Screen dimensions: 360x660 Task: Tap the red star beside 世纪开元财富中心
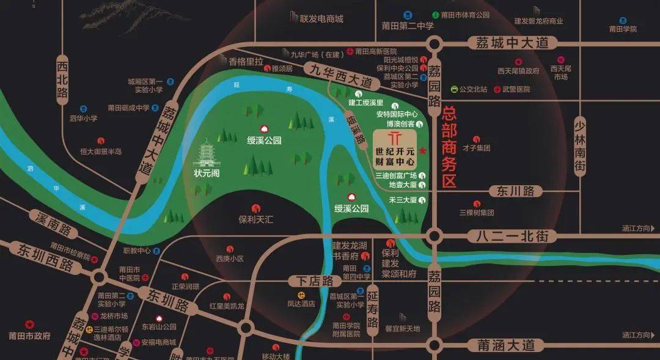(x=423, y=151)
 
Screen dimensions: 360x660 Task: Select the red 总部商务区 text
(x=450, y=147)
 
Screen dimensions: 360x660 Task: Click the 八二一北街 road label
(x=505, y=235)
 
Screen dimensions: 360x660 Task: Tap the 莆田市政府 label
(x=29, y=336)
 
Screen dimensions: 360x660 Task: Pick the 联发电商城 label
(x=321, y=19)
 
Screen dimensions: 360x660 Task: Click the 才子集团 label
(x=476, y=148)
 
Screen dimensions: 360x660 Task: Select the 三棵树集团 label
(x=477, y=213)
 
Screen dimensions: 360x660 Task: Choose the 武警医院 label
(x=516, y=89)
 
